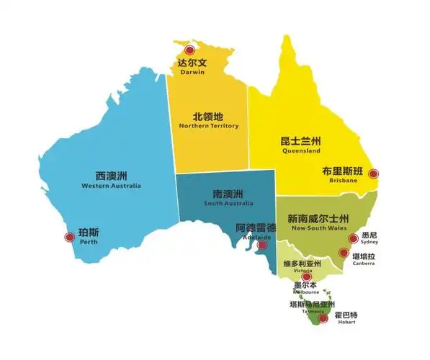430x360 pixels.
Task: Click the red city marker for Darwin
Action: [x=189, y=50]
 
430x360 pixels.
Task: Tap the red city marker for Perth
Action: [x=70, y=235]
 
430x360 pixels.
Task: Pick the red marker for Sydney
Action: [x=353, y=238]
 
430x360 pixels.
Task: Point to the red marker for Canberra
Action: [x=344, y=253]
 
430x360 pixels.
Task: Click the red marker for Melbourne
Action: [x=307, y=276]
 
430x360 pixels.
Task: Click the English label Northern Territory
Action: [x=209, y=126]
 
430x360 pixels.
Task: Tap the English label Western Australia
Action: [x=112, y=186]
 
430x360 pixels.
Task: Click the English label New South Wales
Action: [x=318, y=228]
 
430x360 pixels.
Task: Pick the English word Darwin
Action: [x=192, y=72]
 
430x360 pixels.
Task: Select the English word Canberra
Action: [x=364, y=264]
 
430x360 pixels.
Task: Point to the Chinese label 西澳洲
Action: [x=112, y=175]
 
